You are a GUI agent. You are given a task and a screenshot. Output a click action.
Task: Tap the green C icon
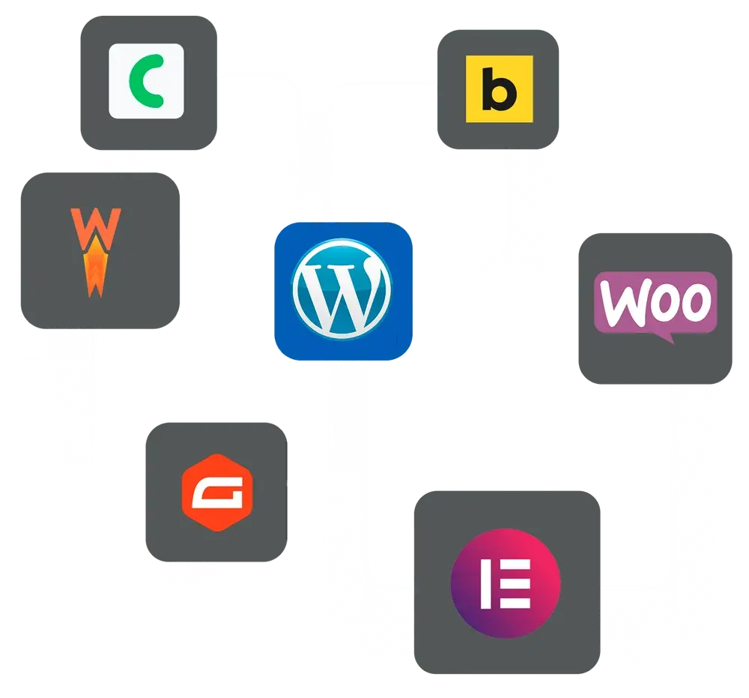pyautogui.click(x=146, y=81)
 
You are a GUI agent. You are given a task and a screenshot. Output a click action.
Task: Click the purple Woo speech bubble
pyautogui.click(x=655, y=304)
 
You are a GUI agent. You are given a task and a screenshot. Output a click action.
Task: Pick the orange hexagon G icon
pyautogui.click(x=216, y=492)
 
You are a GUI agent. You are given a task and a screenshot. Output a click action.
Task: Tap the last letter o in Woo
pyautogui.click(x=693, y=301)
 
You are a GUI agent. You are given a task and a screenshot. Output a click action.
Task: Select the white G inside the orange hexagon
pyautogui.click(x=216, y=493)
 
